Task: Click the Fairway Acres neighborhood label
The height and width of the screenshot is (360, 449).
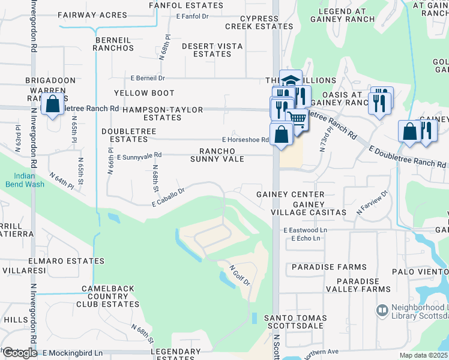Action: pos(92,15)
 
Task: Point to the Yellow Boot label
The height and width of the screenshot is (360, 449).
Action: pos(144,93)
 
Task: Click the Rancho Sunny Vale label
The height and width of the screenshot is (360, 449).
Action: pos(217,155)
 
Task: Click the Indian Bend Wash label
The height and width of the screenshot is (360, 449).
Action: pos(26,180)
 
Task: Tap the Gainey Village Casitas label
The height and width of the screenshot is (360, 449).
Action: pos(319,208)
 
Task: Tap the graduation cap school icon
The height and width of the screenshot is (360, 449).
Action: pos(291,80)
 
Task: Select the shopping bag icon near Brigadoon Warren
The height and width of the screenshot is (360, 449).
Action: pos(53,104)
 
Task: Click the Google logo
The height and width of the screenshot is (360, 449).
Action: pos(19,353)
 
